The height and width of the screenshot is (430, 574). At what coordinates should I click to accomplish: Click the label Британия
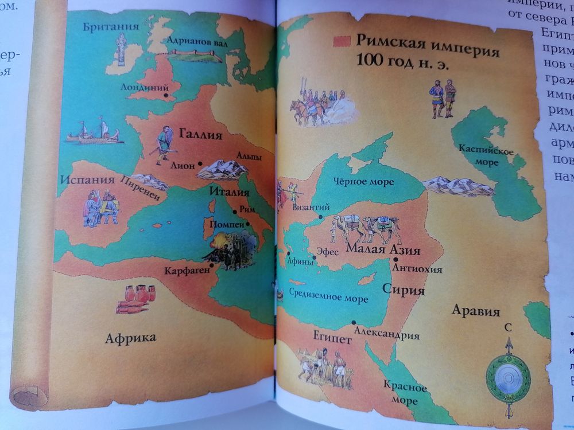111,26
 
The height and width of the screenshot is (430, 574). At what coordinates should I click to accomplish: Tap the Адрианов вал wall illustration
195,55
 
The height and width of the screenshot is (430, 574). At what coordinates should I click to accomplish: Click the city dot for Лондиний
166,96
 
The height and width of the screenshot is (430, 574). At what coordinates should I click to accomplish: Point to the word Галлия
200,135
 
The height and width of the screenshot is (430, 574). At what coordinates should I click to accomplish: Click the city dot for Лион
200,164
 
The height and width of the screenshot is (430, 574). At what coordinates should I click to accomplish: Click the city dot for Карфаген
212,265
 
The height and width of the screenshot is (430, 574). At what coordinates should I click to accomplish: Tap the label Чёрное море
364,182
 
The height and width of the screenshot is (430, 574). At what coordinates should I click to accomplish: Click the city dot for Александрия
354,323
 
